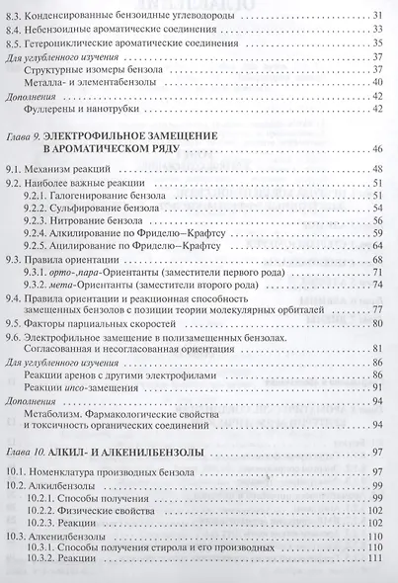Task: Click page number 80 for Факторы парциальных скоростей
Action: click(x=377, y=320)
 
